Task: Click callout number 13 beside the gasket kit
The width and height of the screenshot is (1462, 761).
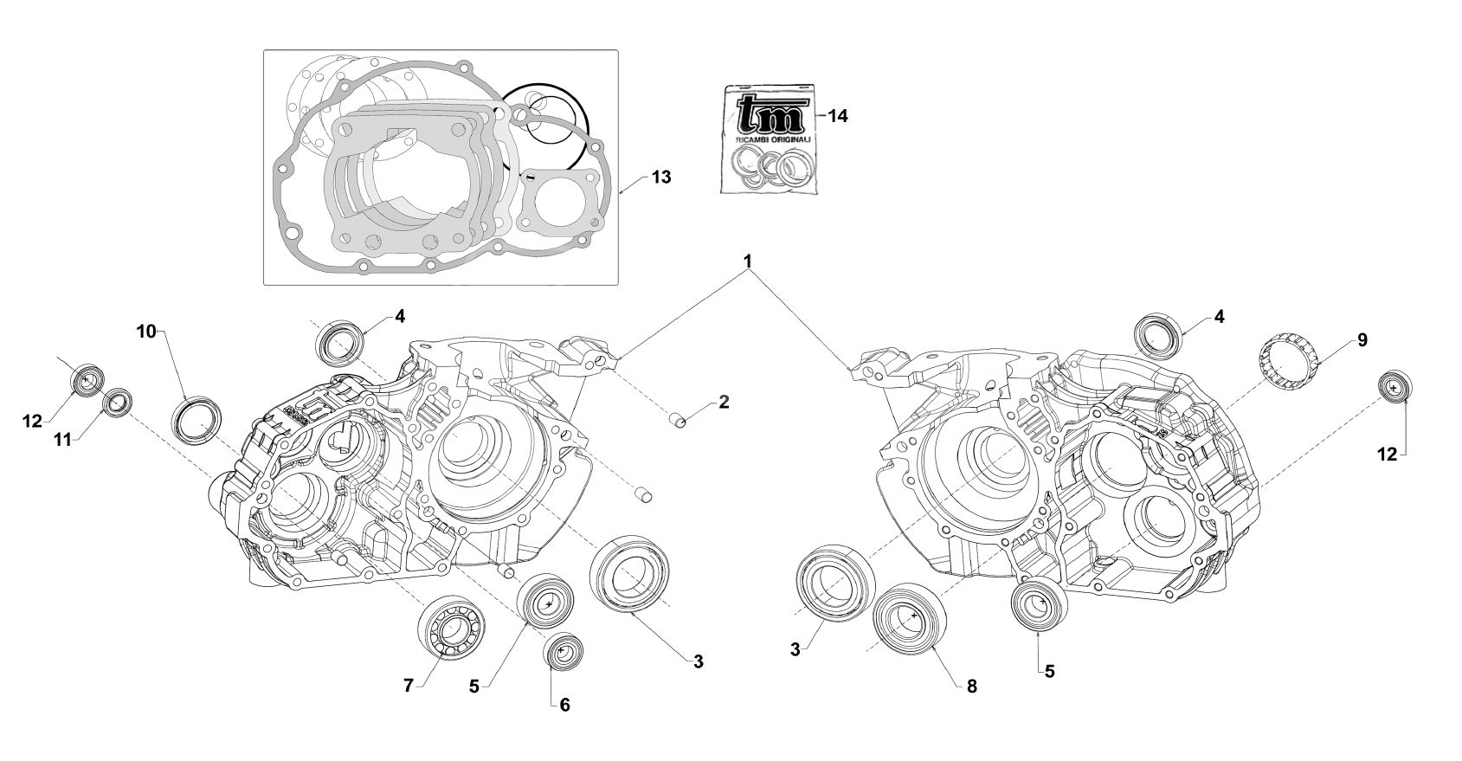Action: [x=661, y=177]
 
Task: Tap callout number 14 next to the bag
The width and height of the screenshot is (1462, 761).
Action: [x=837, y=117]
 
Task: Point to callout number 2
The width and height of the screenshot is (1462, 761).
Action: [x=724, y=403]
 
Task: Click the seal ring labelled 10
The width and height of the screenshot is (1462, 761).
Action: [x=196, y=422]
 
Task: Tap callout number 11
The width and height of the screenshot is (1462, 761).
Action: [x=61, y=440]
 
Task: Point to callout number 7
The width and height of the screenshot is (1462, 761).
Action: [x=409, y=686]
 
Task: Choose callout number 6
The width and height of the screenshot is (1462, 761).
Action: [x=564, y=705]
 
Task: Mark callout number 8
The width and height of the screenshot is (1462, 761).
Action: [x=971, y=686]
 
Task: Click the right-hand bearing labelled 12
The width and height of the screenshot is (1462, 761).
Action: [x=1393, y=388]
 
